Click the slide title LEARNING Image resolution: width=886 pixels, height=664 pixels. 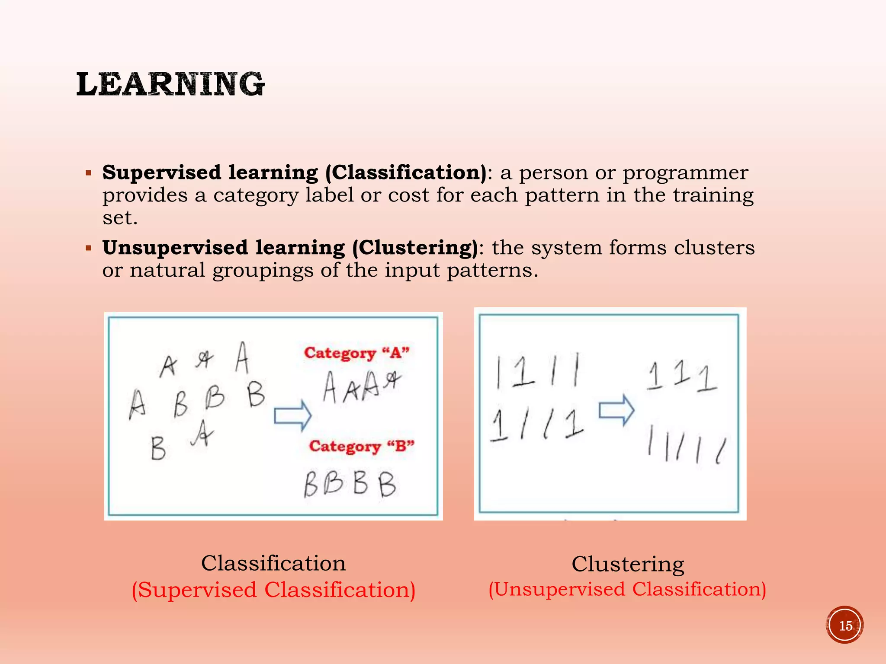tap(170, 84)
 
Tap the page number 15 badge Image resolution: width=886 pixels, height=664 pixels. tap(844, 625)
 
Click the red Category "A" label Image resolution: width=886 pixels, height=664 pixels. tap(356, 353)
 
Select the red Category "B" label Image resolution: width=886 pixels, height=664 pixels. tap(362, 446)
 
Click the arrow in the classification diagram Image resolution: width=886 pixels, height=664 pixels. tap(293, 415)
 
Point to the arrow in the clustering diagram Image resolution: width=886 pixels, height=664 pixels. tap(616, 410)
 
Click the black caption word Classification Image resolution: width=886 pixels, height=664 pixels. tap(273, 563)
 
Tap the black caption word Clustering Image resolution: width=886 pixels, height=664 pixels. tap(628, 564)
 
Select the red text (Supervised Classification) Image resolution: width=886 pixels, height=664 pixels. tap(273, 590)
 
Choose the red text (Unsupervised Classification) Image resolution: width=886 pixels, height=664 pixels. tap(627, 589)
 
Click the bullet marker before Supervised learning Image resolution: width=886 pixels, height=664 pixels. tap(89, 173)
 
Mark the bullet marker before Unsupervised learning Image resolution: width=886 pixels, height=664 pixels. tap(89, 249)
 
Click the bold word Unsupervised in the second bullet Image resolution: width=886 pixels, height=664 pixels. tap(175, 248)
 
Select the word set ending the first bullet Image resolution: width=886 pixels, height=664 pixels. tap(119, 218)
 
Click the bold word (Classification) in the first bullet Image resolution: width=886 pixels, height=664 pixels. tap(406, 173)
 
